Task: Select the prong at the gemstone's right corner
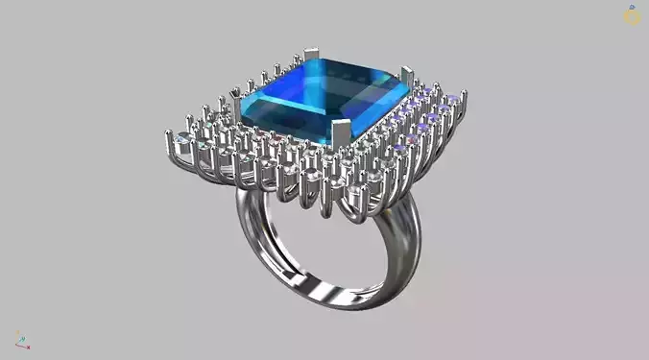407,77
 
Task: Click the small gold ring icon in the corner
632,15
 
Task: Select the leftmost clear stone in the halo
182,140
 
